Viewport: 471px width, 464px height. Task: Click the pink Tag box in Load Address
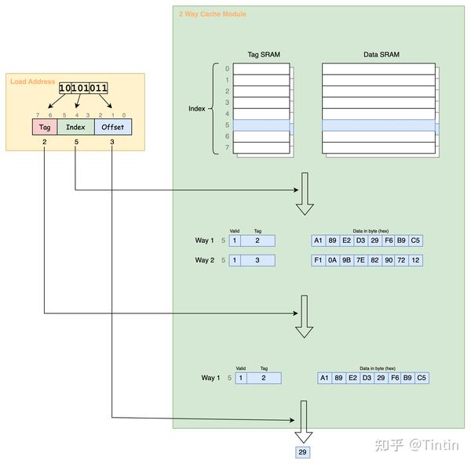click(44, 127)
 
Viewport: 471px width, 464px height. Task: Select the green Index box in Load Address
click(75, 127)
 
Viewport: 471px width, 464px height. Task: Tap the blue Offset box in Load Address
click(113, 127)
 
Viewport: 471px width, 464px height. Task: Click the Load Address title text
click(32, 82)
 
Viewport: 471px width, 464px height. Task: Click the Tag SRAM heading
click(262, 54)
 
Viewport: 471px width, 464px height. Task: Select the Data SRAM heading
click(378, 54)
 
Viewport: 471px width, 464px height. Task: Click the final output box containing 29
click(303, 453)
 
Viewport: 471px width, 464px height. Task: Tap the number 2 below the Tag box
click(44, 143)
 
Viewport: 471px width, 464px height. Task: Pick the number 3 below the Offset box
click(113, 143)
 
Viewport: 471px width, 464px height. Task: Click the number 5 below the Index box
click(75, 143)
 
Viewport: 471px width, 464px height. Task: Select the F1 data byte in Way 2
click(318, 260)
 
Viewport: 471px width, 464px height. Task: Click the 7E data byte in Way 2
click(360, 260)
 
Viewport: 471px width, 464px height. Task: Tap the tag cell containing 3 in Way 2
click(257, 260)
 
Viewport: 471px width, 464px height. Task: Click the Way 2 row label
click(205, 260)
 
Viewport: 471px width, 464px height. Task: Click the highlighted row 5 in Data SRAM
click(378, 125)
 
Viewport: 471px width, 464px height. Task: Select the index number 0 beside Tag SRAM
click(226, 69)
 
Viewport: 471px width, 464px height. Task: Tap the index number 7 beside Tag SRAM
click(226, 147)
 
